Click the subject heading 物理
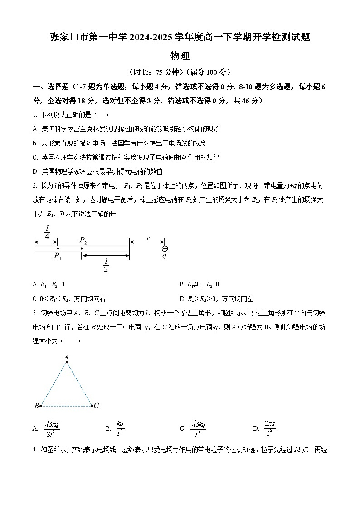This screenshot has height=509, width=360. pyautogui.click(x=180, y=56)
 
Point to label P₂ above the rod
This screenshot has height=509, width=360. pyautogui.click(x=83, y=240)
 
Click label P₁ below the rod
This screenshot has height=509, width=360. pyautogui.click(x=58, y=257)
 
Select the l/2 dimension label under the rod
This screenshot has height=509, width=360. pyautogui.click(x=106, y=265)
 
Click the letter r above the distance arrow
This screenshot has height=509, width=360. pyautogui.click(x=148, y=237)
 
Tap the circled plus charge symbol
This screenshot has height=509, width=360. pyautogui.click(x=165, y=248)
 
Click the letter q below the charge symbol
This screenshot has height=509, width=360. pyautogui.click(x=165, y=256)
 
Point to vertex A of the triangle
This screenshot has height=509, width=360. pyautogui.click(x=67, y=358)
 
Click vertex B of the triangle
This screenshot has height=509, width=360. pyautogui.click(x=38, y=406)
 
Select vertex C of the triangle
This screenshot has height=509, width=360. pyautogui.click(x=95, y=406)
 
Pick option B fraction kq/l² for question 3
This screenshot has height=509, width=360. pyautogui.click(x=120, y=428)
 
